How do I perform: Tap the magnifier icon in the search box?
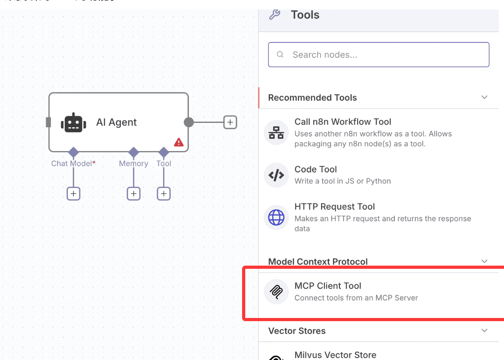click(280, 55)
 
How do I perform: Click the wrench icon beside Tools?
click(275, 15)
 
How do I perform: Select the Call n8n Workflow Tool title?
click(342, 122)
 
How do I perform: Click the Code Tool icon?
click(276, 175)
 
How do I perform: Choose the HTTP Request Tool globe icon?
click(276, 217)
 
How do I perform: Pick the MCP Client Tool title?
click(328, 286)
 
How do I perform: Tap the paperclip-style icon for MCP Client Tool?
click(276, 291)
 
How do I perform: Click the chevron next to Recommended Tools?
click(484, 98)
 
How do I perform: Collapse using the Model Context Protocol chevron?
click(484, 261)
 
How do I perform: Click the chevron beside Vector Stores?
click(484, 331)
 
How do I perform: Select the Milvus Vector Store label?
click(335, 355)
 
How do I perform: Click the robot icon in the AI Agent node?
click(73, 123)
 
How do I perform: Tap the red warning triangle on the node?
click(179, 142)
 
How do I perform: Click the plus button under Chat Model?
click(73, 194)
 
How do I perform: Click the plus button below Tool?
click(164, 194)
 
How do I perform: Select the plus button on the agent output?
click(230, 122)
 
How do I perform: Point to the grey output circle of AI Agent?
click(189, 122)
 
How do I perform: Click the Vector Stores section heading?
click(297, 331)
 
